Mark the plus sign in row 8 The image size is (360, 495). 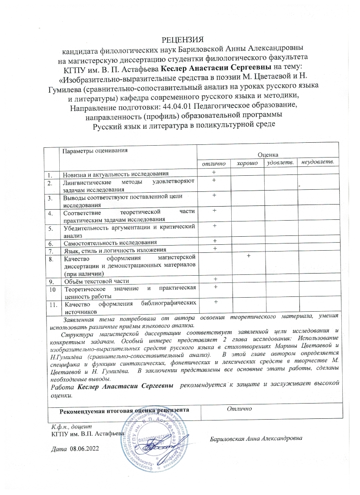[248, 256]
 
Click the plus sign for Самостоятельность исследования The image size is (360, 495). [215, 241]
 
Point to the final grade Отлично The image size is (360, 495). [240, 409]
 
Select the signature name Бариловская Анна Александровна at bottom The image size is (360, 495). [256, 438]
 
